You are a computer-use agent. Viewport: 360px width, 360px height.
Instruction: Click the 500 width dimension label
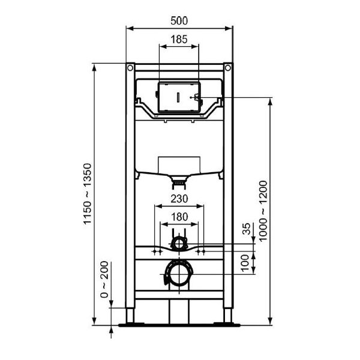coord(179,20)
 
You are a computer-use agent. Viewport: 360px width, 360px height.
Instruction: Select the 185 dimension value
coord(179,39)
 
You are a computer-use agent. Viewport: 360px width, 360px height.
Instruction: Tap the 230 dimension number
coord(179,199)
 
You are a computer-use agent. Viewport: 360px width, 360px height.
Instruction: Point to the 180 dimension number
coord(179,217)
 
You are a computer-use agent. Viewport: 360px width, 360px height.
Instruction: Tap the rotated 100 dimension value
coord(246,262)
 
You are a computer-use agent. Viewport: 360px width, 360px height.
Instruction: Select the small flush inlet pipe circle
coord(179,242)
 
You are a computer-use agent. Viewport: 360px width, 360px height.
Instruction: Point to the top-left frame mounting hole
coord(129,67)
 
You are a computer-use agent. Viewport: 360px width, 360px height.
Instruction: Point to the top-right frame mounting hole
coord(228,67)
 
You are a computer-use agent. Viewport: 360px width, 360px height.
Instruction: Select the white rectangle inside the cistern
coord(178,164)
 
